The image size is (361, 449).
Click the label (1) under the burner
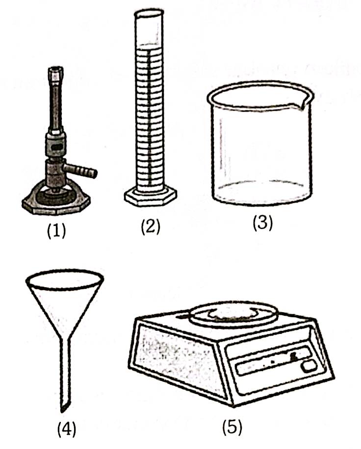click(x=56, y=230)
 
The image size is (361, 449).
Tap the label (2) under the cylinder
click(x=151, y=227)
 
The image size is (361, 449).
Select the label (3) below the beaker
click(x=262, y=223)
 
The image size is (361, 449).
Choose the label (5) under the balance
click(x=232, y=427)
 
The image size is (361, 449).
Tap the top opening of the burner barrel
click(x=56, y=69)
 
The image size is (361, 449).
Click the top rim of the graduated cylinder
click(x=149, y=12)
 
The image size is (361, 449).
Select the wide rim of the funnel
click(x=65, y=279)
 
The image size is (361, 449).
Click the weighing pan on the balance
click(x=234, y=313)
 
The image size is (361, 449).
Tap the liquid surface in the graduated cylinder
click(x=149, y=45)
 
